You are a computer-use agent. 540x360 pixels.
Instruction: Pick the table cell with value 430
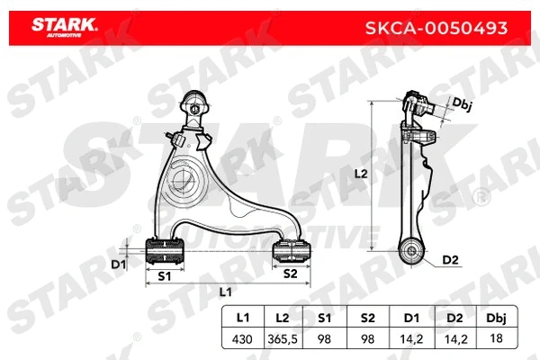pyautogui.click(x=242, y=338)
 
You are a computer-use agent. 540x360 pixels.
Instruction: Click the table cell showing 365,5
pyautogui.click(x=282, y=338)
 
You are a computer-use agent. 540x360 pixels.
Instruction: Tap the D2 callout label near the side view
pyautogui.click(x=451, y=261)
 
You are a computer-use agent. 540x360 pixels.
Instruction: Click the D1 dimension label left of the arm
pyautogui.click(x=117, y=265)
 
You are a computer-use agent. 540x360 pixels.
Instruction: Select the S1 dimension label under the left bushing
pyautogui.click(x=165, y=275)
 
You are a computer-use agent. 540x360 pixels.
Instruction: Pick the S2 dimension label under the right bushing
pyautogui.click(x=290, y=274)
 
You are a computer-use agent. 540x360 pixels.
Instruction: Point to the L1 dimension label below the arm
pyautogui.click(x=225, y=292)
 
